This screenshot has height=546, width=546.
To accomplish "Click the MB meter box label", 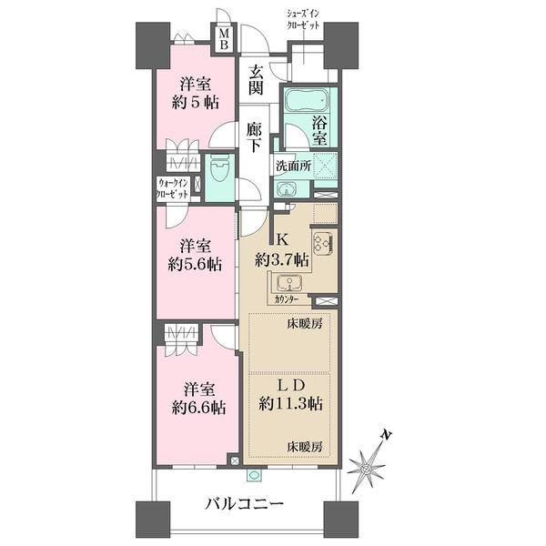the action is (225, 39).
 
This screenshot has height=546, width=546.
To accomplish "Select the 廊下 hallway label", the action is (254, 137).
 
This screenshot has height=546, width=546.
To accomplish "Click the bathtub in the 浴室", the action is (306, 99).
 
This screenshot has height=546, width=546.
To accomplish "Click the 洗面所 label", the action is (293, 166).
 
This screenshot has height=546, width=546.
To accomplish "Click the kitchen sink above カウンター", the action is (289, 283).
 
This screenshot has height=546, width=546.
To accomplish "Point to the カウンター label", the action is (287, 299).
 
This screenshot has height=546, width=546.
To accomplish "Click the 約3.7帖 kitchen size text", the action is (282, 259).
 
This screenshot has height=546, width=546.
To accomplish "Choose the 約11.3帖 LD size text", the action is (290, 404).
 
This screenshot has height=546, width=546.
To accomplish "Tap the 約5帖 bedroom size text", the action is (195, 103).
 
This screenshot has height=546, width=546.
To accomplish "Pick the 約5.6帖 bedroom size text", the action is (195, 266).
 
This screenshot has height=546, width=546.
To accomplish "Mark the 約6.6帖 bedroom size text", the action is (198, 408).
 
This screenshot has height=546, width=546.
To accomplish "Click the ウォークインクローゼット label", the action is (173, 188).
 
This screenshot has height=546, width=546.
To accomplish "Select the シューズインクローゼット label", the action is (302, 19).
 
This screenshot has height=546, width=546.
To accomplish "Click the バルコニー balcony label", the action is (244, 504).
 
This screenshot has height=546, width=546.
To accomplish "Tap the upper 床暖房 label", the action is (304, 325).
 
